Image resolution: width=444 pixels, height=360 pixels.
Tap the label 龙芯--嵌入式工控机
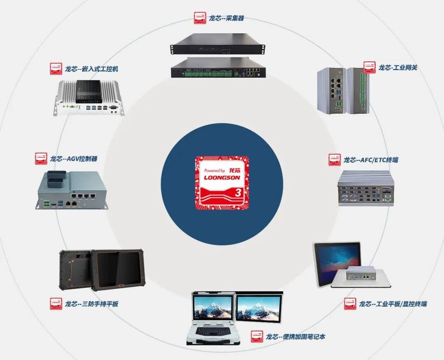click(91, 69)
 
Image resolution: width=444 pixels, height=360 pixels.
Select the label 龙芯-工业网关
click(398, 67)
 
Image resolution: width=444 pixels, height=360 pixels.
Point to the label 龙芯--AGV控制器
click(74, 158)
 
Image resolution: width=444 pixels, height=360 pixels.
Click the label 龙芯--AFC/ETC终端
click(370, 160)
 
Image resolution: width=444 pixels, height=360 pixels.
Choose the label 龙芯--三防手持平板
click(91, 304)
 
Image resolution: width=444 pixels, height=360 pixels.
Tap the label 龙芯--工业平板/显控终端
click(393, 304)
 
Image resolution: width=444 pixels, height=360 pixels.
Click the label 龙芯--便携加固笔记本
click(296, 337)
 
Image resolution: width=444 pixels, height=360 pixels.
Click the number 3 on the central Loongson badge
click(238, 192)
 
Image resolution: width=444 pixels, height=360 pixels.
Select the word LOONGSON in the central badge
click(222, 178)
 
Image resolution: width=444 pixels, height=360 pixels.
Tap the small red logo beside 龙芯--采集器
click(200, 18)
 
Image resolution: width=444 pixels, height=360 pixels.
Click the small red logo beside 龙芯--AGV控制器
click(41, 159)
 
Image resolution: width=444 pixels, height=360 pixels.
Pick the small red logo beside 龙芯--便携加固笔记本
click(257, 337)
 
